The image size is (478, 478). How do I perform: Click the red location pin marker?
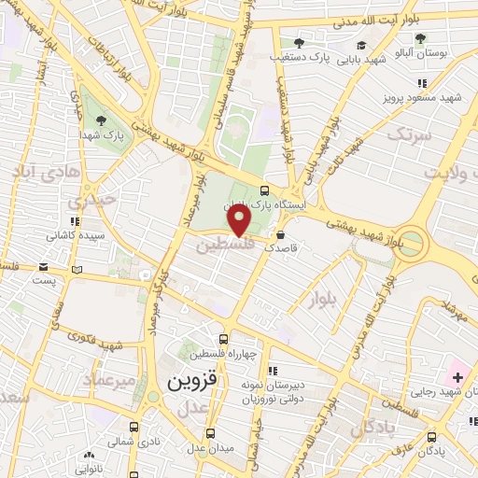[x=240, y=219]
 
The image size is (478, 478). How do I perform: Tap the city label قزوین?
[x=191, y=383]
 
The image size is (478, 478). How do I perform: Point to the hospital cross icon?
[x=457, y=378]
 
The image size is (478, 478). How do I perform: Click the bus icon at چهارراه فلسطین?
[x=222, y=340]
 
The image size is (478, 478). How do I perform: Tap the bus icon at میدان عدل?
[x=209, y=434]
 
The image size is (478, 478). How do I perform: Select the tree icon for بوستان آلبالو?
[x=421, y=37]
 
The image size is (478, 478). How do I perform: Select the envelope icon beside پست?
[x=77, y=270]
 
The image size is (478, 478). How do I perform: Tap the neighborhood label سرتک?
[x=412, y=136]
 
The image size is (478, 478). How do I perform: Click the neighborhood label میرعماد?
[x=112, y=381]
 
